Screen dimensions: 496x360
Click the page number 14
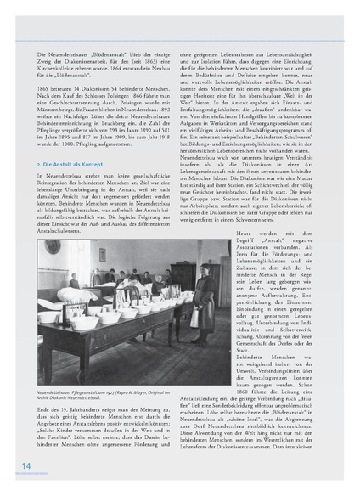coord(26,465)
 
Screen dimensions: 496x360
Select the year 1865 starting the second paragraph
coord(46,87)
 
